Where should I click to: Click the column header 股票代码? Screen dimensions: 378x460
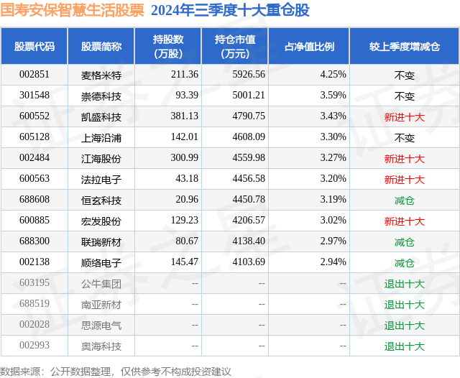[34, 46]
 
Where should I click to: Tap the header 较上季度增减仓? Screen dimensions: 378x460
[405, 46]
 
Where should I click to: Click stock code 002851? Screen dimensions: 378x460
[34, 75]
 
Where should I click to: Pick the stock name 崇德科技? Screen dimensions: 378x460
[101, 96]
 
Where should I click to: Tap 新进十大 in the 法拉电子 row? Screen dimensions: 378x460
[404, 179]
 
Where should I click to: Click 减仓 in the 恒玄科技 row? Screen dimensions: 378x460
[404, 200]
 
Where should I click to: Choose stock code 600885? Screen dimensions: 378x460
[34, 221]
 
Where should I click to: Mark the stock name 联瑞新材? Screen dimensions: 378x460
[101, 241]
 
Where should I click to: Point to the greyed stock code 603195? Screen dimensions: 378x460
[34, 283]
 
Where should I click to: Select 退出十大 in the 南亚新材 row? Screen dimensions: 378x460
[404, 304]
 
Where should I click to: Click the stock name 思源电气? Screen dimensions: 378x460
[101, 325]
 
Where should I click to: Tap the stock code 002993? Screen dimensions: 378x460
[34, 346]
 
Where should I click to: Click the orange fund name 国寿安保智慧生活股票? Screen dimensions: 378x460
[72, 10]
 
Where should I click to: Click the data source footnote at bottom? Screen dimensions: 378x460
[116, 371]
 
